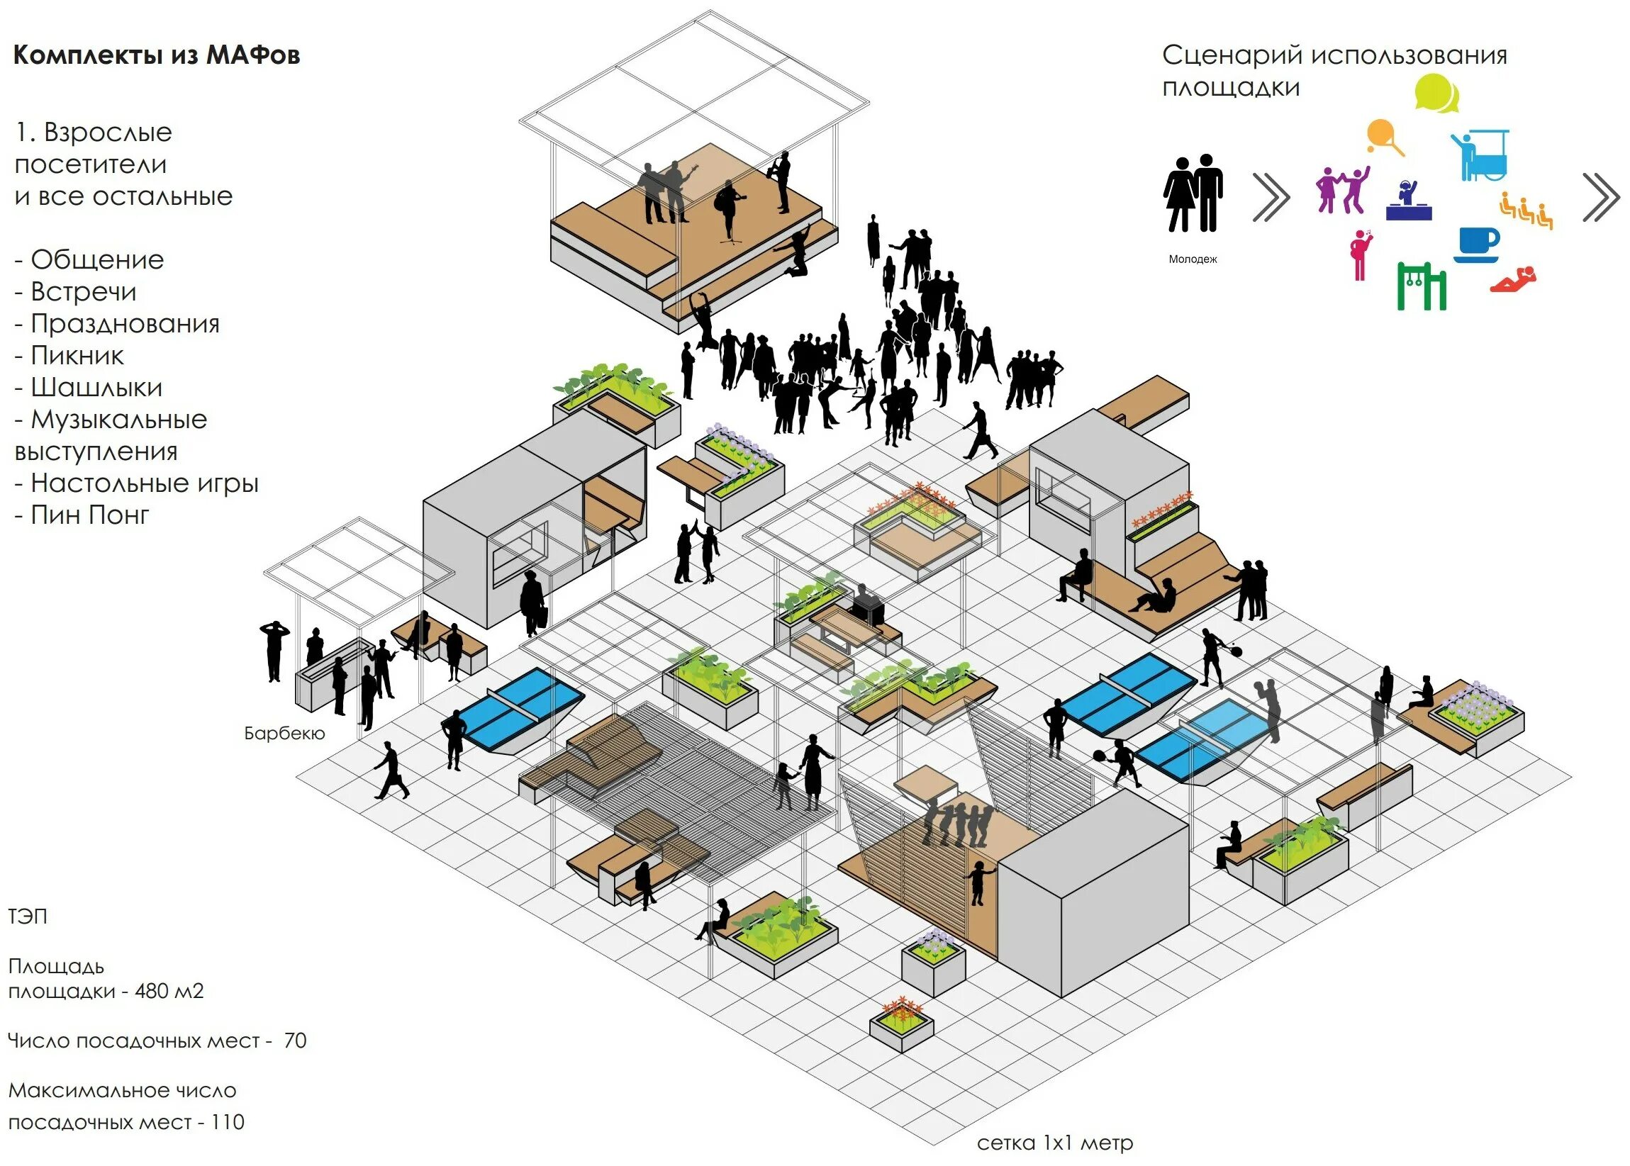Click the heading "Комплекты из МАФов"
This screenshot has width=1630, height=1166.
click(x=157, y=55)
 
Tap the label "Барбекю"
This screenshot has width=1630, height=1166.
click(x=284, y=733)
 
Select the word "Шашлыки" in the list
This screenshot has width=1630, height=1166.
click(x=96, y=388)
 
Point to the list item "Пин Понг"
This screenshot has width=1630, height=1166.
click(x=89, y=515)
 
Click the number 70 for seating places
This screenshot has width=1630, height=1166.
click(x=295, y=1041)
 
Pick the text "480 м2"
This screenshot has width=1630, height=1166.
click(x=169, y=991)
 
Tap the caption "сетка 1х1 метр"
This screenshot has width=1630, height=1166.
click(x=1054, y=1143)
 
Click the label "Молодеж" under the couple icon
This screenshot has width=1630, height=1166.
click(x=1193, y=259)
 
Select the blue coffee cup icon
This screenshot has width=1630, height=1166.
click(x=1478, y=245)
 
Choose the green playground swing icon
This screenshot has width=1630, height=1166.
click(x=1421, y=285)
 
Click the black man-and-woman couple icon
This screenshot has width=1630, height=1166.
click(x=1193, y=193)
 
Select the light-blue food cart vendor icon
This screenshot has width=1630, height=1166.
click(x=1480, y=155)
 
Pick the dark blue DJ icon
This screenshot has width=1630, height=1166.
click(x=1408, y=201)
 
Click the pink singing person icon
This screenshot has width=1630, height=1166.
click(x=1359, y=254)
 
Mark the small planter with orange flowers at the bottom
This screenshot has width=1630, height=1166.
click(x=901, y=1024)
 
